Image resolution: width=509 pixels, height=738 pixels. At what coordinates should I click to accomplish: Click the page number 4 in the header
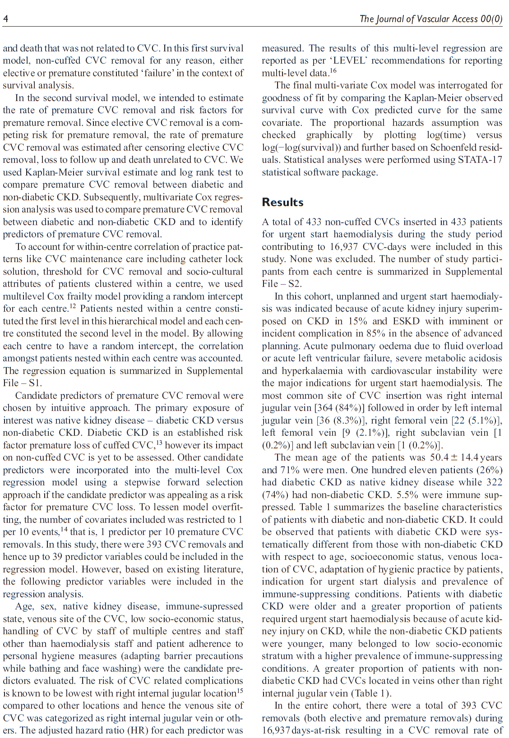tap(5, 18)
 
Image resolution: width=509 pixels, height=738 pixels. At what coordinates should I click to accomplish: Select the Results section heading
tap(282, 202)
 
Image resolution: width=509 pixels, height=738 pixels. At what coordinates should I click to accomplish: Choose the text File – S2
tap(282, 284)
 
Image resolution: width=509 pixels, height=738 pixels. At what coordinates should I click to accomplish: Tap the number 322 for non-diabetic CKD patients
tap(494, 482)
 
